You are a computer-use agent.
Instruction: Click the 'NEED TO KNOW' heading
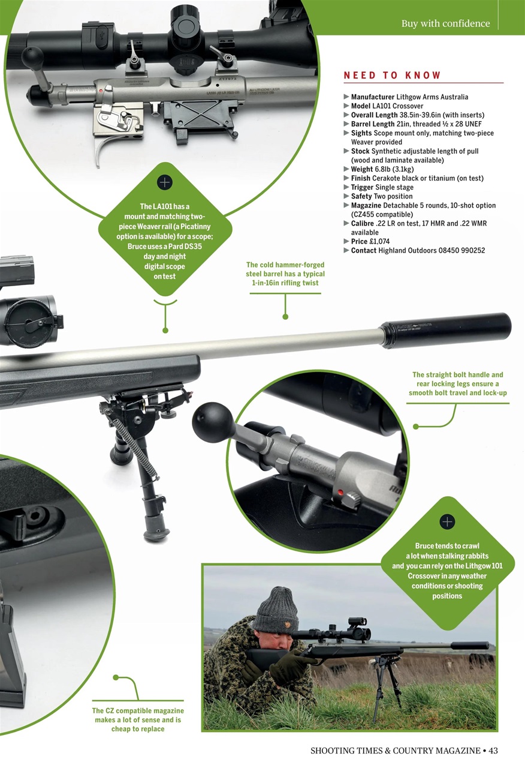(x=392, y=76)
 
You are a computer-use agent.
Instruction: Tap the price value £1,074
(x=380, y=241)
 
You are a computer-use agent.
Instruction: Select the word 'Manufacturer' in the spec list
(x=373, y=97)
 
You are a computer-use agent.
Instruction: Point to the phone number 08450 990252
(x=461, y=250)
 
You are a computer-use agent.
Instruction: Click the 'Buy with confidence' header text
(x=445, y=23)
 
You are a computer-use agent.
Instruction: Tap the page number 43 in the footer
(x=493, y=751)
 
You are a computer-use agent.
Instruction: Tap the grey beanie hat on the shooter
(x=275, y=605)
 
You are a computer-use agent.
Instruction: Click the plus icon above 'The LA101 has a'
(x=165, y=182)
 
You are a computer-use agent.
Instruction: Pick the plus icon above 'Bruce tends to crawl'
(x=447, y=522)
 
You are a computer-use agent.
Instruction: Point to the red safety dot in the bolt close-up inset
(x=340, y=493)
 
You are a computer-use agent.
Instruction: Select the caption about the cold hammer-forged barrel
(x=285, y=274)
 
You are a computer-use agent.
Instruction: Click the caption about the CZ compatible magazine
(x=138, y=719)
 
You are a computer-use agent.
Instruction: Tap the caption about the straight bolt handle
(x=457, y=383)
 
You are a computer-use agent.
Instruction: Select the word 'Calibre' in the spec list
(x=363, y=224)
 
